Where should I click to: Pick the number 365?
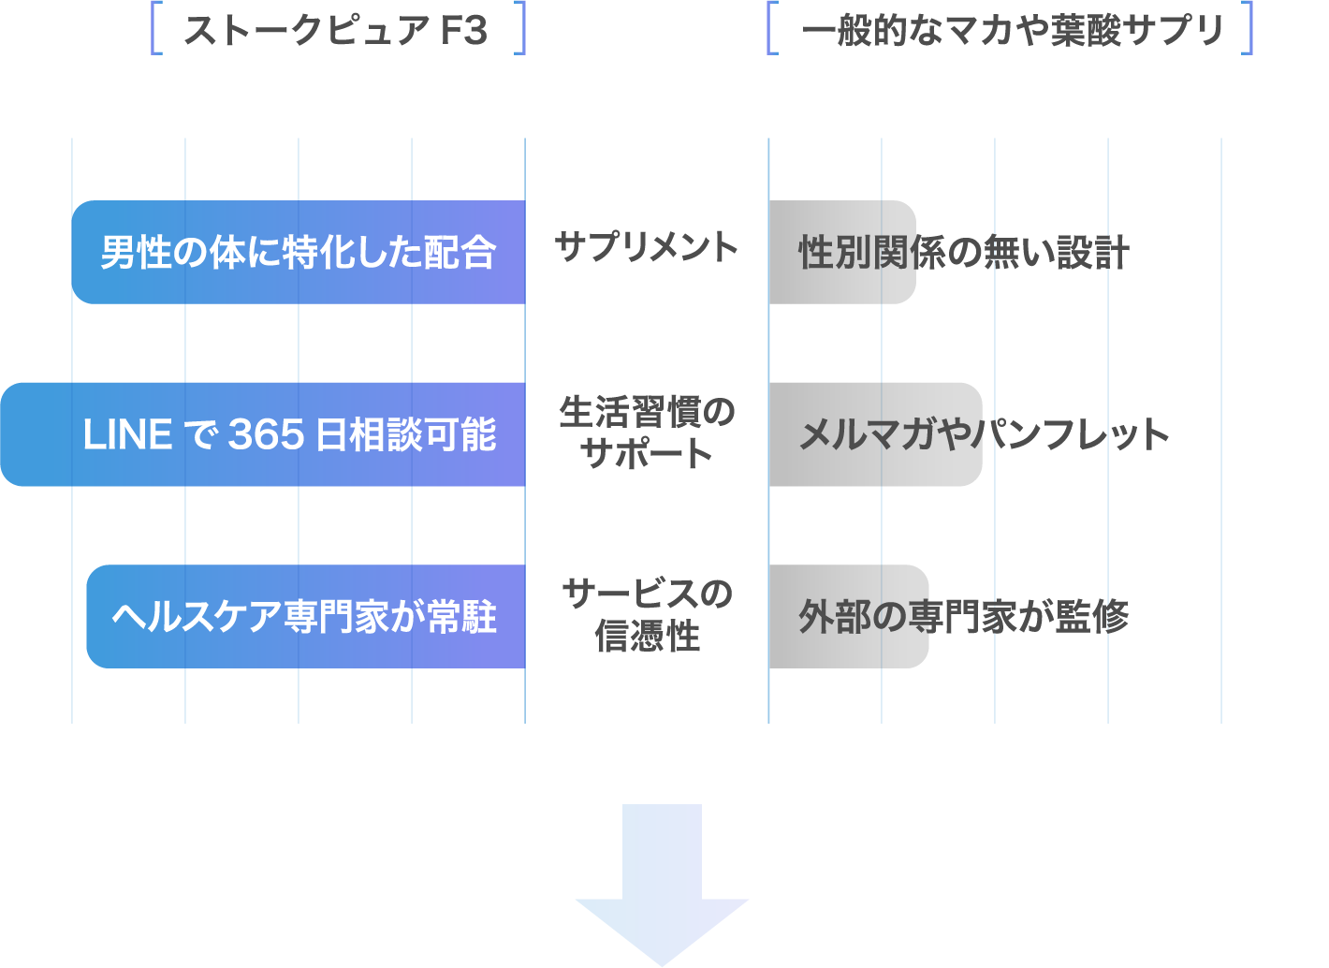pos(267,435)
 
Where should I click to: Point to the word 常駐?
pos(461,617)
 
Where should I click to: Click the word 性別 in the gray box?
pos(834,253)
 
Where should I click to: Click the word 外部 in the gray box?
pos(834,617)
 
